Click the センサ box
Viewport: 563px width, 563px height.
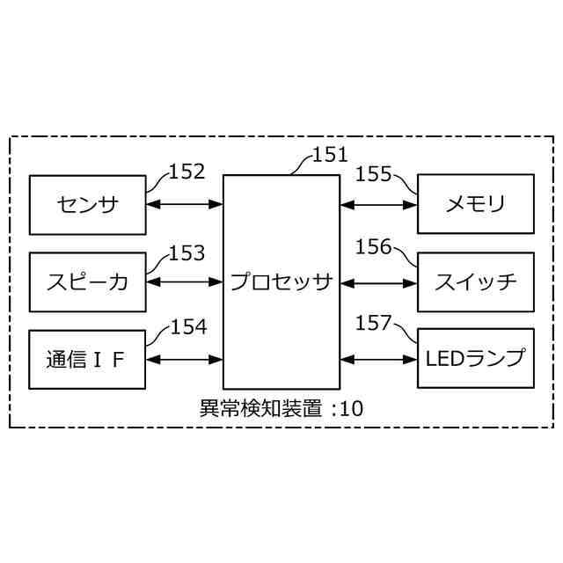(x=87, y=205)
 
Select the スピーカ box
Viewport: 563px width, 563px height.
(x=87, y=282)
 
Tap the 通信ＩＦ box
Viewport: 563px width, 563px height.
(x=87, y=359)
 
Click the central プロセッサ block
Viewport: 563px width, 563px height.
(x=281, y=281)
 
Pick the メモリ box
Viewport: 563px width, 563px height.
(x=475, y=205)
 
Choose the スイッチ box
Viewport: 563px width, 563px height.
(x=475, y=282)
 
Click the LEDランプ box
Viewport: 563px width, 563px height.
(x=475, y=359)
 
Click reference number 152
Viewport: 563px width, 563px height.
(x=186, y=172)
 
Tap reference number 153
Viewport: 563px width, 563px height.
(x=186, y=253)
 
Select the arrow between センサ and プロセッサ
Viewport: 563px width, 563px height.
(x=185, y=205)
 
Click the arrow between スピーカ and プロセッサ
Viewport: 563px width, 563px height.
(x=185, y=282)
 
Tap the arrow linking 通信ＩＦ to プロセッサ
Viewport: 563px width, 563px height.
(x=185, y=359)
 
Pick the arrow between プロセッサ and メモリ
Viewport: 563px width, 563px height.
(x=378, y=205)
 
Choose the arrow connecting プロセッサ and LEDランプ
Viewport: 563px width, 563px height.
(x=378, y=359)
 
